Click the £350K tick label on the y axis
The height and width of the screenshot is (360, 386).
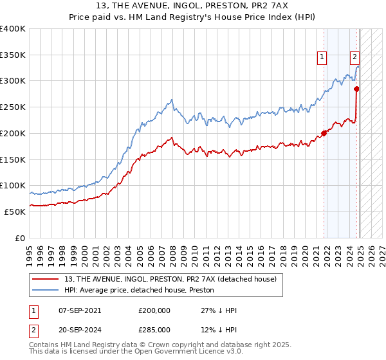pos(13,55)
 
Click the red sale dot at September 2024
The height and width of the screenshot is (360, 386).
pos(356,89)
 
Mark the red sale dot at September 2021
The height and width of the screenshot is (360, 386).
pos(323,134)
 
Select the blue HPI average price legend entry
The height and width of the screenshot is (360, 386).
pos(142,290)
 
